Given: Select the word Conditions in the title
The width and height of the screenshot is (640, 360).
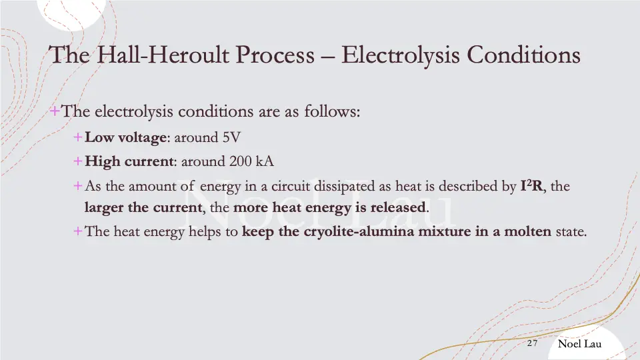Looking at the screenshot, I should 524,55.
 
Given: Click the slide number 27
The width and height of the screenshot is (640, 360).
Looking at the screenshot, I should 532,343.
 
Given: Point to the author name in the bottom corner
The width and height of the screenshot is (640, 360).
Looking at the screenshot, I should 579,343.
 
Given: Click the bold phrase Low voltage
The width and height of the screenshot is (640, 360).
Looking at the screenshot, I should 125,138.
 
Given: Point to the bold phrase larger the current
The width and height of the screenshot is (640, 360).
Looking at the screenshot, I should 143,207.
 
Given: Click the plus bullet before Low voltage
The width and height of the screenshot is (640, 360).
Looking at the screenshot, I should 78,138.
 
